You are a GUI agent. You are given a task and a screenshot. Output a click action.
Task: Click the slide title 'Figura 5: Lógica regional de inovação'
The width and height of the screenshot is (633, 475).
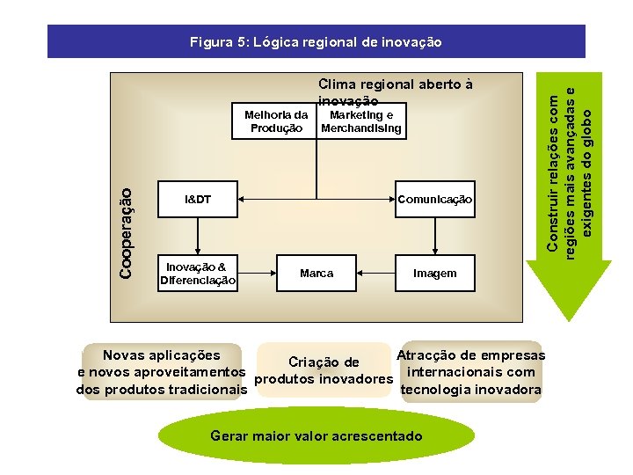coord(316,41)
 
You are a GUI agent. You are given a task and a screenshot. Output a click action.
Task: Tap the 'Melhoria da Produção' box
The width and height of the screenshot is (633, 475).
coord(276,121)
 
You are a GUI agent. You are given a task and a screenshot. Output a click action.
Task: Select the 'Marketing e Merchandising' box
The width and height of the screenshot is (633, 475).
coord(361,121)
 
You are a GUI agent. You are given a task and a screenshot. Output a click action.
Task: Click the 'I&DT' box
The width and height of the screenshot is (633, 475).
coord(197,200)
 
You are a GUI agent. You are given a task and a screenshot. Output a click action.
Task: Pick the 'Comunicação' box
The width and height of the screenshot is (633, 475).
coord(434,200)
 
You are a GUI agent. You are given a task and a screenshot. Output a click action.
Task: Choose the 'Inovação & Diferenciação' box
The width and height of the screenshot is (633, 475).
coord(197,274)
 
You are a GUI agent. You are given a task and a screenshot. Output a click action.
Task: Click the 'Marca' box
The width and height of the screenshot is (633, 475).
coord(316,274)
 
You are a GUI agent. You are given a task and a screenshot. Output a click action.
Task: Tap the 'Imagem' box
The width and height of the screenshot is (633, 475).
coord(435,274)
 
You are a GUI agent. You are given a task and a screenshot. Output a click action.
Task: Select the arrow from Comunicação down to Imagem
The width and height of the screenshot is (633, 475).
coord(435,236)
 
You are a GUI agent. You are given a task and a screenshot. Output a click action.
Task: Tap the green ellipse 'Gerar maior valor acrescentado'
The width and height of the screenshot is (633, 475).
coord(316,436)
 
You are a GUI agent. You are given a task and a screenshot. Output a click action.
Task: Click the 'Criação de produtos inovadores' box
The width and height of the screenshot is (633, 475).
coord(323,370)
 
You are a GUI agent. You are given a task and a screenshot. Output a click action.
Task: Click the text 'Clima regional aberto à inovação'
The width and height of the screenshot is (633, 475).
coord(395,91)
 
